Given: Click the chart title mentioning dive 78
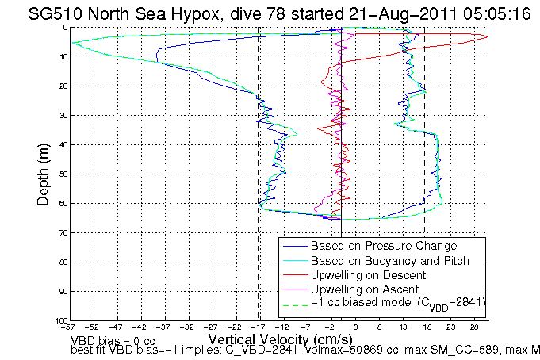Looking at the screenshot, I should tap(270, 13).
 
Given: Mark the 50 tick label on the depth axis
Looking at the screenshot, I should tap(63, 174).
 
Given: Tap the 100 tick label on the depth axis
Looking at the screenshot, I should tap(60, 320).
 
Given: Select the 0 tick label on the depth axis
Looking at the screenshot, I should tap(65, 28).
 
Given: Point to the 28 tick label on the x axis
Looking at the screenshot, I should tap(474, 327).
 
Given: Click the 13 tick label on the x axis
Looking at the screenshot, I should tap(404, 327).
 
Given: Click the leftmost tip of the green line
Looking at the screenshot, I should tap(71, 43).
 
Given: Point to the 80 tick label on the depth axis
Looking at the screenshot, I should tap(63, 262).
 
